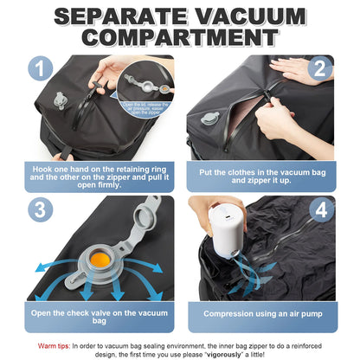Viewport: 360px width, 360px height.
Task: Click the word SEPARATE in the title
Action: click(x=120, y=16)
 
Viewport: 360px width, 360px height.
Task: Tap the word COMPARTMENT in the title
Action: click(x=180, y=39)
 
